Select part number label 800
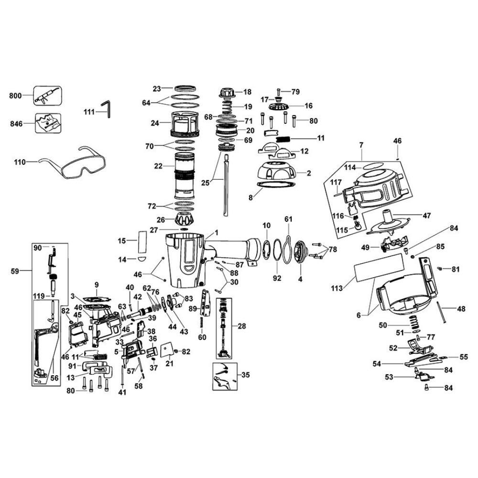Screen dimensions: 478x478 point(16,96)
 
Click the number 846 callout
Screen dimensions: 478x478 point(16,123)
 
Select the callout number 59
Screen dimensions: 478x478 point(15,272)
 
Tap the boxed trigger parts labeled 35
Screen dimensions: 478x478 point(224,377)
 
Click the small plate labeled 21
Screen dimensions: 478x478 point(168,350)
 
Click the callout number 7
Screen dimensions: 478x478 point(362,144)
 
